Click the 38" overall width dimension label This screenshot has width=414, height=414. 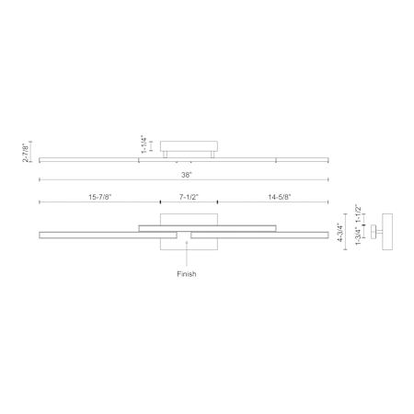(186, 175)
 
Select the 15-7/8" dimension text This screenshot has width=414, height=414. (100, 197)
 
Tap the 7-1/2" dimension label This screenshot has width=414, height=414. (189, 197)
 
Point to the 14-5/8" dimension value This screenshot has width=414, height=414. (280, 197)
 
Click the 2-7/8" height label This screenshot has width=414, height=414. (27, 152)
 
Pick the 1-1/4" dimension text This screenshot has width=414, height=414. (144, 144)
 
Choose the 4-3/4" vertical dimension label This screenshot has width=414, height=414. (339, 233)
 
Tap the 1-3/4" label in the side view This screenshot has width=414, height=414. (358, 236)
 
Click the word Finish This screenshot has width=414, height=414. (187, 274)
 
